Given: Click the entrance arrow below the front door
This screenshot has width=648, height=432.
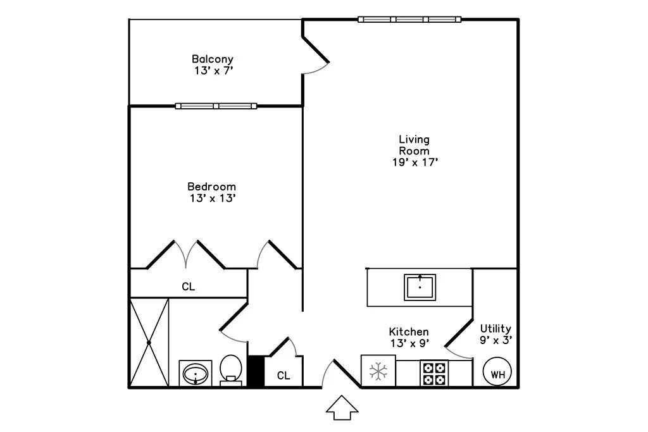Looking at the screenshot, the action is click(342, 408).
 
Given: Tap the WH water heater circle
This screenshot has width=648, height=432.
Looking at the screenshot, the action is click(497, 371).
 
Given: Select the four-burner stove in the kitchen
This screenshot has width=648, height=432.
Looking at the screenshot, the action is click(434, 373).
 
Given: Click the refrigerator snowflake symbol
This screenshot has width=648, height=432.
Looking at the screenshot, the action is click(378, 371).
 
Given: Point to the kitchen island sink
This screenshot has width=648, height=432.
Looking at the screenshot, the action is click(420, 287).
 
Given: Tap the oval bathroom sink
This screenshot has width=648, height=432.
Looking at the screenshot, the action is click(196, 374).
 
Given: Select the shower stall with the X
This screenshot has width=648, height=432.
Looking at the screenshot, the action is click(149, 342).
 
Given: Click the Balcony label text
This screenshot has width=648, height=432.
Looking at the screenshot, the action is click(213, 59).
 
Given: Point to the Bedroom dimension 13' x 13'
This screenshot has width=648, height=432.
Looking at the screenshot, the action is click(213, 198).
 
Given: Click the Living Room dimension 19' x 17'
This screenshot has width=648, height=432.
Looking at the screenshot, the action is click(415, 163).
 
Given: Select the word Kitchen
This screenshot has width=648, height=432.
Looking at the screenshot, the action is click(409, 331).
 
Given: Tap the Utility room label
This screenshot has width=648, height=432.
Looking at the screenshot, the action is click(495, 329).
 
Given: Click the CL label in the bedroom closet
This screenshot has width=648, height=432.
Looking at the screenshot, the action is click(189, 287).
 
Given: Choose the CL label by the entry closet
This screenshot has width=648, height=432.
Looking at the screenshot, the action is click(283, 376).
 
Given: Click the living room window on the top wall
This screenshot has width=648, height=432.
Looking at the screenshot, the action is click(409, 20).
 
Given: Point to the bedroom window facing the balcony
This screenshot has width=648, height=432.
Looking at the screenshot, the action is click(216, 106).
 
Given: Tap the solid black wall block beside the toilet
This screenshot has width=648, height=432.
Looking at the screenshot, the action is click(256, 371).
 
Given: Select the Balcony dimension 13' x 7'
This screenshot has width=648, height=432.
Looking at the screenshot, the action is click(214, 71).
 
